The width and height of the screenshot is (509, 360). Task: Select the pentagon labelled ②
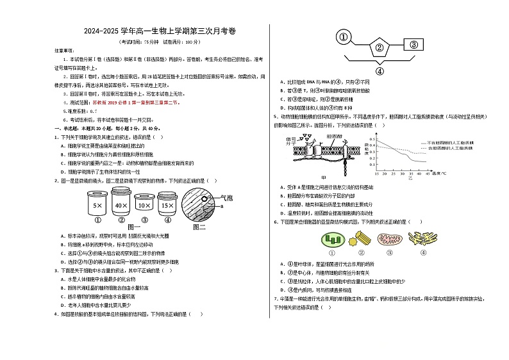tap(379, 46)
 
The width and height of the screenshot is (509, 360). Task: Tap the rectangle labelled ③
tap(413, 44)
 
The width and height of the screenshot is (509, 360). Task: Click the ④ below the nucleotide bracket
tap(379, 71)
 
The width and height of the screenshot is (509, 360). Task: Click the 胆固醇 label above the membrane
tap(334, 136)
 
